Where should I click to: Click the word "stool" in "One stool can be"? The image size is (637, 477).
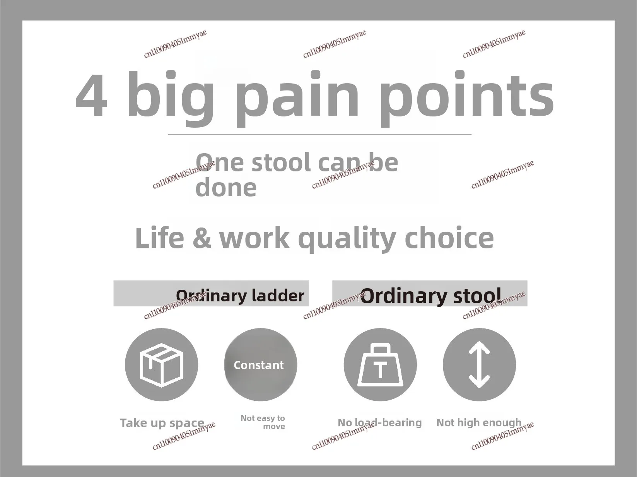(x=281, y=162)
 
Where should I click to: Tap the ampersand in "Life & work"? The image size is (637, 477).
(x=202, y=238)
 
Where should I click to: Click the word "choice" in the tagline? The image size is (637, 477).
(x=449, y=238)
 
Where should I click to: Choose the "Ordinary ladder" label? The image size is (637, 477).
(x=240, y=296)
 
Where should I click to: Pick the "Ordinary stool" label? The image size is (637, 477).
(x=431, y=296)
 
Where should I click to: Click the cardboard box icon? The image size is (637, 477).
(x=161, y=365)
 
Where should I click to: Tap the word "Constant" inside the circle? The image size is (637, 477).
(x=259, y=365)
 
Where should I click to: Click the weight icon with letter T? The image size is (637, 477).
(x=380, y=365)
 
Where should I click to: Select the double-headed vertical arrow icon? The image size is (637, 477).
(x=480, y=365)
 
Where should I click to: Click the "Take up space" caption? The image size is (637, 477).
(x=162, y=423)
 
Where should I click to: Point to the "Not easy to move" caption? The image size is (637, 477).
(x=263, y=422)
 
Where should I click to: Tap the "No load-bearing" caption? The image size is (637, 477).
(x=379, y=423)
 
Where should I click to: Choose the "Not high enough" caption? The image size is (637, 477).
(x=479, y=423)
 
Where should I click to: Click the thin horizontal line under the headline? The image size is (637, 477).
(x=319, y=134)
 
